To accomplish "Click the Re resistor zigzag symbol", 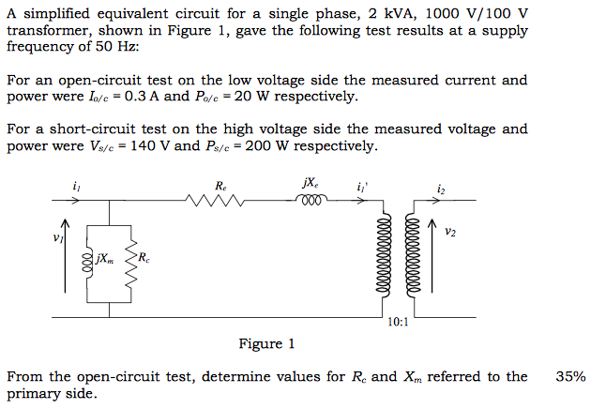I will click(217, 199).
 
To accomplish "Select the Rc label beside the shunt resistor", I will click(143, 256).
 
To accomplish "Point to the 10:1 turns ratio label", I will click(398, 322).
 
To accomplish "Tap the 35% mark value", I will click(571, 377).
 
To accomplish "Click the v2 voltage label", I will click(451, 231).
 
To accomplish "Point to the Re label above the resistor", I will click(220, 185).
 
